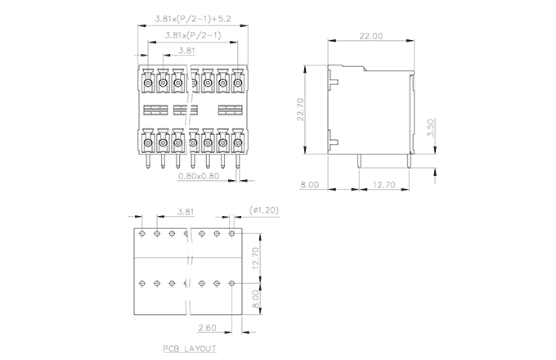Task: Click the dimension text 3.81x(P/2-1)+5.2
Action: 193,19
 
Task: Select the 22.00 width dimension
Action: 371,36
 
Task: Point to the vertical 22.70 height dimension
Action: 300,110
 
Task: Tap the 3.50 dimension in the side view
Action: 430,128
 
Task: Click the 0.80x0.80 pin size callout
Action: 199,176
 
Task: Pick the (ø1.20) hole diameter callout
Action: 264,210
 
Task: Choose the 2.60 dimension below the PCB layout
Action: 207,328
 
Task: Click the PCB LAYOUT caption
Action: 190,349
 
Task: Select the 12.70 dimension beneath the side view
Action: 384,185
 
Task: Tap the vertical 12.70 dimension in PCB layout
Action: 256,258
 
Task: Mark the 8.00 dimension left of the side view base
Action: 310,185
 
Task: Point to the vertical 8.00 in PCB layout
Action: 256,299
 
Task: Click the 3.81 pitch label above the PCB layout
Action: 186,212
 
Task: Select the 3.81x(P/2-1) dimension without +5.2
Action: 193,35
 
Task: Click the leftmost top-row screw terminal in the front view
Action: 148,83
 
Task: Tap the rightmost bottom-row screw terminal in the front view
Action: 238,142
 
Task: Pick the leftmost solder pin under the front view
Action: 148,160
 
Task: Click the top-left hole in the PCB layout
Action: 142,233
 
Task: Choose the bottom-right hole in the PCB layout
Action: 231,283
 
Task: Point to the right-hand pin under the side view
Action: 409,160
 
